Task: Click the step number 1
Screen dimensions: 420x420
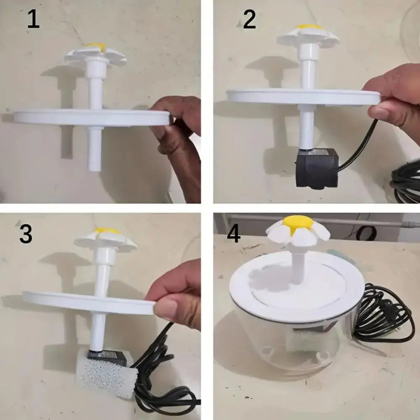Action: [x=33, y=20]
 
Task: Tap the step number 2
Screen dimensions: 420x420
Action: [x=249, y=20]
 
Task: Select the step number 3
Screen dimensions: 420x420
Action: [x=26, y=234]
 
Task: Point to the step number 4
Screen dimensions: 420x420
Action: [x=234, y=234]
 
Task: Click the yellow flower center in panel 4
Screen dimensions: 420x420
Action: [x=298, y=223]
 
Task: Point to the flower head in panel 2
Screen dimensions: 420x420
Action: [x=308, y=35]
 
